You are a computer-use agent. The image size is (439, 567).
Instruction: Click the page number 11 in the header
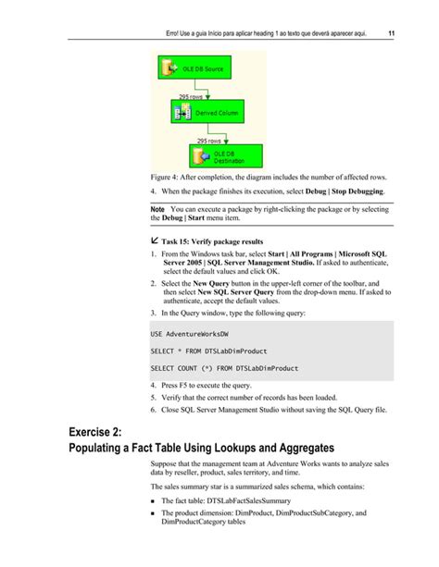393,33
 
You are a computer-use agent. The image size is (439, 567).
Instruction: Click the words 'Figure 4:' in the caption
168,177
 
